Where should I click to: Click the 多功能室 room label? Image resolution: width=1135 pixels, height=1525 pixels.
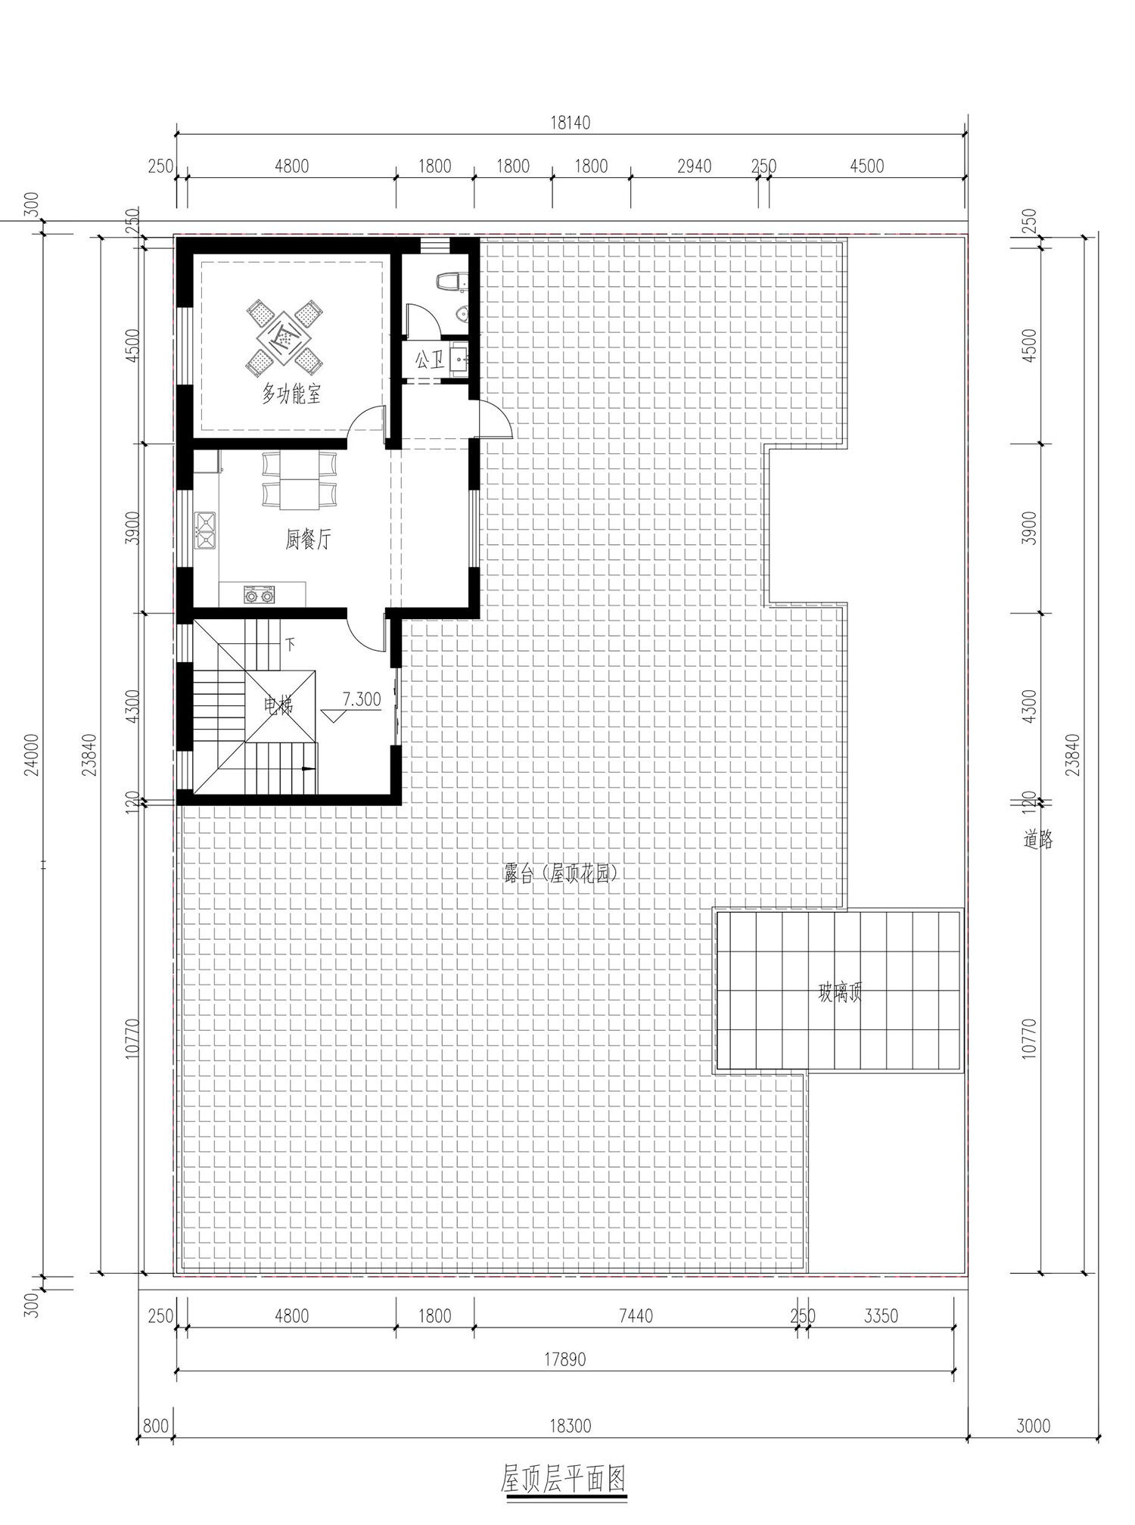tap(291, 394)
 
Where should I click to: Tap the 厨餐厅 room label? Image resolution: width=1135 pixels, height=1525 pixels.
tap(308, 540)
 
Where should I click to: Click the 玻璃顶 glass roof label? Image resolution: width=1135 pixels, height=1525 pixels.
tap(840, 993)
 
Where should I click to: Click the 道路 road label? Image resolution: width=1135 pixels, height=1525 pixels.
tap(1038, 839)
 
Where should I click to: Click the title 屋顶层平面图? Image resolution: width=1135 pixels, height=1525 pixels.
tap(564, 1477)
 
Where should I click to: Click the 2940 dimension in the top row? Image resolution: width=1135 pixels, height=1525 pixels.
tap(694, 166)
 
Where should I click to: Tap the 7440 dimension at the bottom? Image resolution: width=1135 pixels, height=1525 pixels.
tap(636, 1315)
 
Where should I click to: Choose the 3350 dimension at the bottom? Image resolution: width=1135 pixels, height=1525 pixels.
tap(881, 1315)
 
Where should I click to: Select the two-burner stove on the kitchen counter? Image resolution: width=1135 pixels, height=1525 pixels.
tap(259, 594)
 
